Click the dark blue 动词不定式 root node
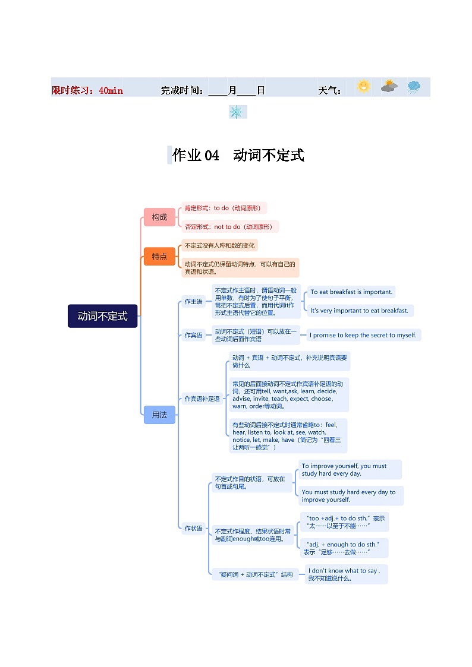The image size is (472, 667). pos(103,316)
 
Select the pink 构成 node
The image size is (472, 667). pos(159,217)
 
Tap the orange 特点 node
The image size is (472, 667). pos(159,257)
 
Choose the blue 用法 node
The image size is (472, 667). pos(159,415)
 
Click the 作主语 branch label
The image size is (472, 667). pos(193,302)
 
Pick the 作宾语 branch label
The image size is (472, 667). pos(193,335)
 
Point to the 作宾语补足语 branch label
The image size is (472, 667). pos(202,399)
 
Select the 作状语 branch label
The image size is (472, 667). pos(193,528)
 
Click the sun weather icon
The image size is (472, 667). pos(363,87)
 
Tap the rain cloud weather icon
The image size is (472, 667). pos(414,87)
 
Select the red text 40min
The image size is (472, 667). pos(111,91)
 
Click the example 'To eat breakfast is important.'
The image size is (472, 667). pos(351,292)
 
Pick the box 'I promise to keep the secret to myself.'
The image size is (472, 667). pos(363,335)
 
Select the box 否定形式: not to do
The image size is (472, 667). pos(228,227)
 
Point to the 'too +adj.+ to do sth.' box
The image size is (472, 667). pos(344,522)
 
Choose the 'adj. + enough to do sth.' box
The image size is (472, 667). pos(344,548)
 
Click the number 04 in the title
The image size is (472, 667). pos(212,156)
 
